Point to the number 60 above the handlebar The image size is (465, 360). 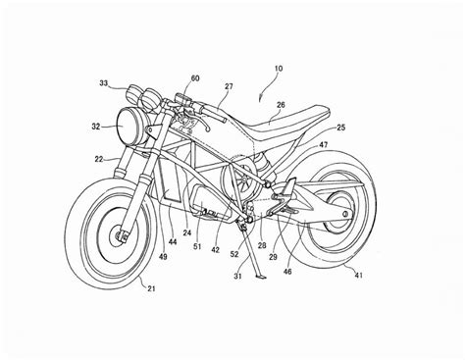pos(196,77)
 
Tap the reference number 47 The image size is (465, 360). pos(348,144)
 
